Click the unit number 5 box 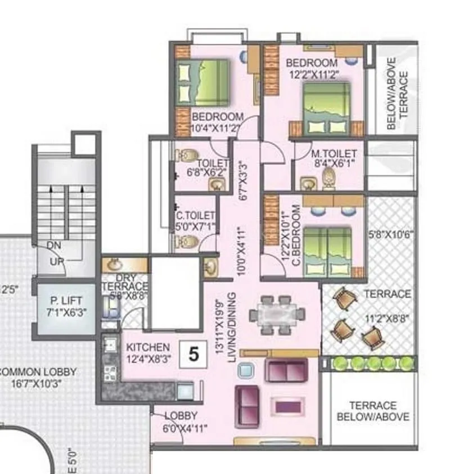point(193,355)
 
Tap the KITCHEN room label point(147,347)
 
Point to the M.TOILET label point(334,153)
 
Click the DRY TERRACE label point(124,282)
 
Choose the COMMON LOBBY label point(38,372)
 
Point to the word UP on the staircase point(55,262)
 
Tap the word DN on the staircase point(54,246)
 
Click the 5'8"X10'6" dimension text point(390,233)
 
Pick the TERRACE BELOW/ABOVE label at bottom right point(373,411)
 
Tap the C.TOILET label point(195,215)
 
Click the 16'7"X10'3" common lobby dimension point(38,383)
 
